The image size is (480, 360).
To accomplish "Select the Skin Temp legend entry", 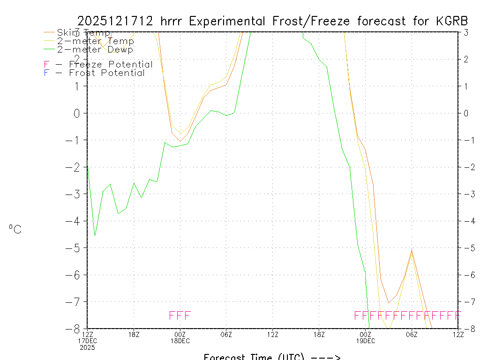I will pyautogui.click(x=83, y=33).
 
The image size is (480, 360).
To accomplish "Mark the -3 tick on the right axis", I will pyautogui.click(x=466, y=194).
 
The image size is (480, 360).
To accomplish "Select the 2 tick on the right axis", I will pyautogui.click(x=466, y=59).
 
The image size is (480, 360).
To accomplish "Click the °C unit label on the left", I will pyautogui.click(x=15, y=230).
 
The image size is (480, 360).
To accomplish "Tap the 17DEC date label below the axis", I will pyautogui.click(x=87, y=341).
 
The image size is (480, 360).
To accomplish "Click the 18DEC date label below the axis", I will pyautogui.click(x=180, y=341).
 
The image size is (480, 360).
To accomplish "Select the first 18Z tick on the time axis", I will pyautogui.click(x=134, y=334).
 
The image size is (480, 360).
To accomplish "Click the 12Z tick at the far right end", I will pyautogui.click(x=458, y=334).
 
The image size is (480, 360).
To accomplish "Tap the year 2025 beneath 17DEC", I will pyautogui.click(x=87, y=347).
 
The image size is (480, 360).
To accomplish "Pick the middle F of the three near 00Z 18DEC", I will pyautogui.click(x=180, y=315).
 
